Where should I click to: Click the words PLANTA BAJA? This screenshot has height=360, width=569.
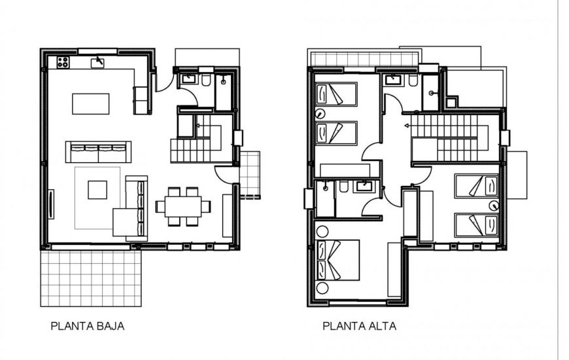coord(87,325)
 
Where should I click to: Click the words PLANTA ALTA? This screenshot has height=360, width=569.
coord(359,325)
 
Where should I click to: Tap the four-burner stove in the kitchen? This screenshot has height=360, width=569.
coord(63,62)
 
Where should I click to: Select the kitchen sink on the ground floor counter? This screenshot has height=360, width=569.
coord(98,62)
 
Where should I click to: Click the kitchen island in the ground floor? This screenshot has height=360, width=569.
coord(90,103)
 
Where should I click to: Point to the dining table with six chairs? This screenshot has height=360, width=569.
coord(183,206)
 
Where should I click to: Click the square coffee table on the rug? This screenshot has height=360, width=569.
coord(97,189)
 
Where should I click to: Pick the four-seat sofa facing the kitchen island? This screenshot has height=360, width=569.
coord(98,151)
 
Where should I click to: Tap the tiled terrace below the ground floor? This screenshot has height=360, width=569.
coord(90,278)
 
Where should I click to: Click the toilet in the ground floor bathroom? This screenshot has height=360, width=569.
coord(205,81)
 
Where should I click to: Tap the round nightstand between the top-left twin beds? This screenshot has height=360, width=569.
coord(320,113)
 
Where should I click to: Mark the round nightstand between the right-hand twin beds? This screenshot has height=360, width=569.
coord(494,206)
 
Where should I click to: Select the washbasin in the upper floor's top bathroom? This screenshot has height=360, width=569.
coord(393,81)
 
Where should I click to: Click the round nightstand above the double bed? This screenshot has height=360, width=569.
coord(321,230)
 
